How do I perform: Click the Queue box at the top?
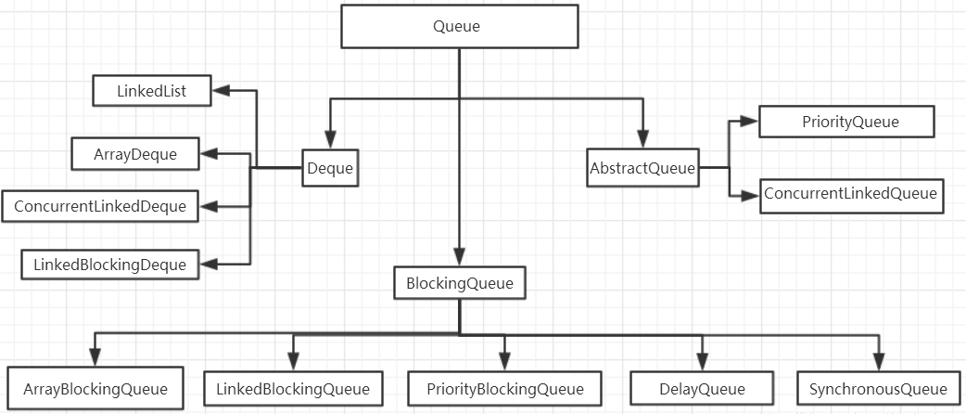click(457, 26)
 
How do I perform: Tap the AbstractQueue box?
click(642, 168)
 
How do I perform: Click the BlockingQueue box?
click(459, 282)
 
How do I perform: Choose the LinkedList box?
click(151, 91)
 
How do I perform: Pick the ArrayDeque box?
click(135, 153)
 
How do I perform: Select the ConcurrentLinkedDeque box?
click(100, 206)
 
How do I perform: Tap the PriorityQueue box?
click(846, 122)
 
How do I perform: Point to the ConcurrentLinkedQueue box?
click(851, 195)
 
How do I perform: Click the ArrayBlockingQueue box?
click(95, 388)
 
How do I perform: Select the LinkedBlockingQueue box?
click(293, 388)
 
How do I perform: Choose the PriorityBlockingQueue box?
click(505, 388)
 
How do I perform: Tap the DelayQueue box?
click(701, 388)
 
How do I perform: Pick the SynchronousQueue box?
click(878, 388)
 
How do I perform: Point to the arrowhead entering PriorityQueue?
click(751, 122)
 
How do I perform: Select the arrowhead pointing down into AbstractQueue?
click(642, 139)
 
